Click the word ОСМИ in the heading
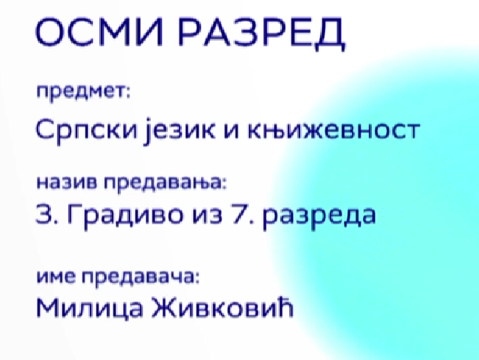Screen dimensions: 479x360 (99, 32)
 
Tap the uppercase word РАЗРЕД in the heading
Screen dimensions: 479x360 (261, 33)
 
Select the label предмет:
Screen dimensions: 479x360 (83, 91)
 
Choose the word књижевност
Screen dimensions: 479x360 (334, 130)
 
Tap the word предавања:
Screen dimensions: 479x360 (165, 184)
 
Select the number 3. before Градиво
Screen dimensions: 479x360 (47, 214)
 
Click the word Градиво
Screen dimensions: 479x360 (126, 215)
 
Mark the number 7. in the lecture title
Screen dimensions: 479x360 (243, 214)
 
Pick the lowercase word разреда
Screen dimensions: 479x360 (319, 217)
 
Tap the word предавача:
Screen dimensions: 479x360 (141, 277)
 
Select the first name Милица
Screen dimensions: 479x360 (90, 308)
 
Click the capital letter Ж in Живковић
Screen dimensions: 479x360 (165, 308)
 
